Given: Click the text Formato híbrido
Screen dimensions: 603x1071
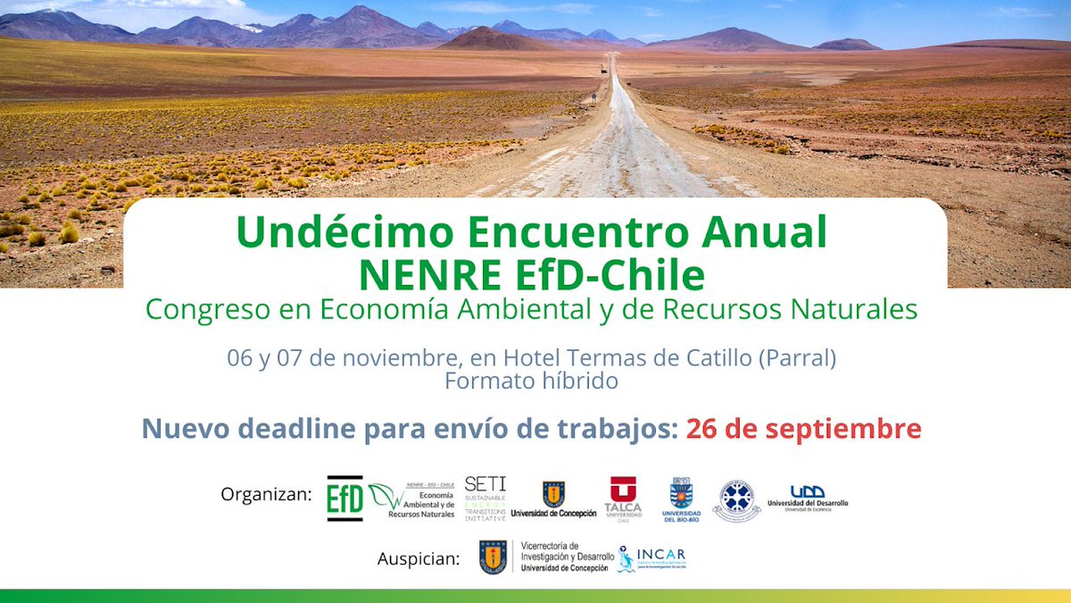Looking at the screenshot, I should click(x=531, y=380).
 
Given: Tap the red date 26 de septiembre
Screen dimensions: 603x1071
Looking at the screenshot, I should click(x=803, y=428).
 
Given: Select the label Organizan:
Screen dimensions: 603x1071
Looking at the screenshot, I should click(x=267, y=494).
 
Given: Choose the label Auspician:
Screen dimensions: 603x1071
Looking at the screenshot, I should click(x=419, y=560).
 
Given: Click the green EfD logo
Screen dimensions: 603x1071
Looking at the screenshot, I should click(x=345, y=498).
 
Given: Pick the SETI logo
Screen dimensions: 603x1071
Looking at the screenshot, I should click(x=486, y=498).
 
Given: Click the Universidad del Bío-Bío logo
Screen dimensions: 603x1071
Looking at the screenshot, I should click(x=681, y=498).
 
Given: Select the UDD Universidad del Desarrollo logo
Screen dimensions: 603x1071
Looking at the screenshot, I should click(x=807, y=498).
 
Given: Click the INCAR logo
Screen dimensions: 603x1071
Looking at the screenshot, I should click(x=652, y=558).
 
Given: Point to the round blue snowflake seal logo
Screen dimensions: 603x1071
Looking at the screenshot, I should click(x=736, y=499).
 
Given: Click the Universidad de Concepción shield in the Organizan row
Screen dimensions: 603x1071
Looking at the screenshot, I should click(x=553, y=493).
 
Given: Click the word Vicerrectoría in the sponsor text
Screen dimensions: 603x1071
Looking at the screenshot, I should click(x=549, y=546).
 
